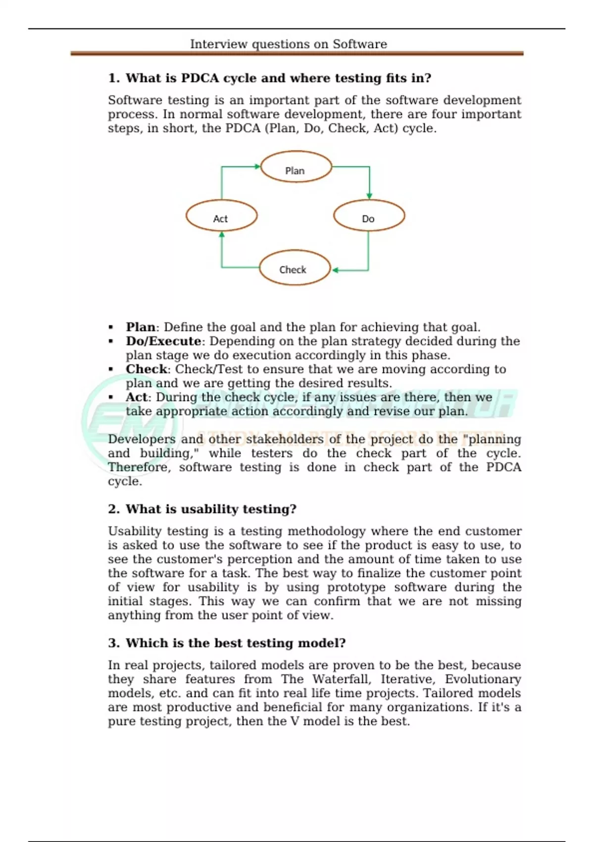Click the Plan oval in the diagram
click(296, 167)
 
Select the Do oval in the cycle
click(369, 216)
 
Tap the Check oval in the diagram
click(295, 268)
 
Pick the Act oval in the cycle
click(221, 216)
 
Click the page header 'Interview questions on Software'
click(289, 44)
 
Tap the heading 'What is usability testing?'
click(211, 509)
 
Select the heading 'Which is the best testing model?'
click(236, 643)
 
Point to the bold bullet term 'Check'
click(147, 369)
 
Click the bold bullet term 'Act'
click(137, 397)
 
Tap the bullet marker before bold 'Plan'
click(111, 327)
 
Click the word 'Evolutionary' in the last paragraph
click(483, 679)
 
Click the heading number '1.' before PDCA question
click(114, 78)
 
